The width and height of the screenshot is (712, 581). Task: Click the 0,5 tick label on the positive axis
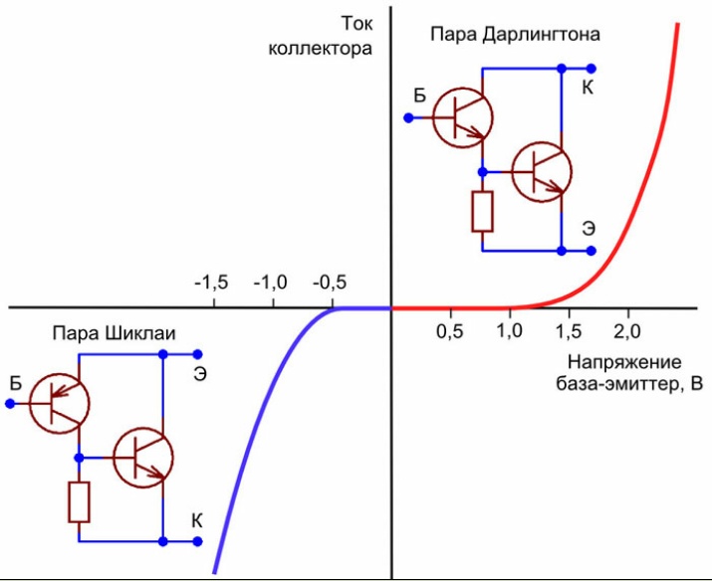pyautogui.click(x=451, y=328)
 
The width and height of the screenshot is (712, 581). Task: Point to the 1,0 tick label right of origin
pyautogui.click(x=510, y=328)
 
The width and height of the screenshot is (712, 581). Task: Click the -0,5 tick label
pyautogui.click(x=330, y=283)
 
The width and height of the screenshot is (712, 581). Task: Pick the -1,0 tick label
pyautogui.click(x=270, y=283)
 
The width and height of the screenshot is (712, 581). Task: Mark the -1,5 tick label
pyautogui.click(x=210, y=283)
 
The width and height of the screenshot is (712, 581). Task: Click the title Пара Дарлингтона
pyautogui.click(x=515, y=35)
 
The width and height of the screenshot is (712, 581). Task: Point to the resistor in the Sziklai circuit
pyautogui.click(x=79, y=502)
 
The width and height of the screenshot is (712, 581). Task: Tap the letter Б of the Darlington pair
pyautogui.click(x=420, y=97)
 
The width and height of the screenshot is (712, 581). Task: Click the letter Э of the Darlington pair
pyautogui.click(x=589, y=228)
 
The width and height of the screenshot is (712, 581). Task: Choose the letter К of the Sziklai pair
pyautogui.click(x=197, y=519)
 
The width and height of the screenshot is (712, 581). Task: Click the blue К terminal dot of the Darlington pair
pyautogui.click(x=561, y=69)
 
